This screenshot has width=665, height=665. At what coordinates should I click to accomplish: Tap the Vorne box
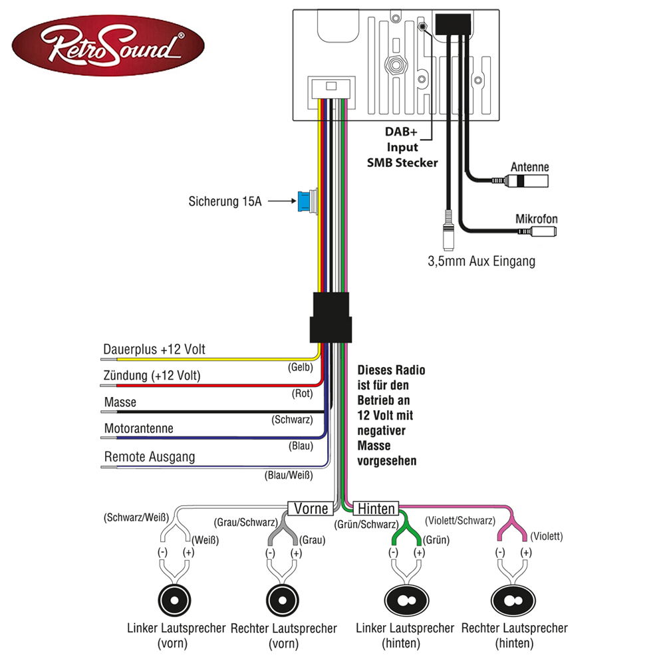pos(311,509)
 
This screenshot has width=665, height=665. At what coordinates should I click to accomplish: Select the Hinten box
pos(376,509)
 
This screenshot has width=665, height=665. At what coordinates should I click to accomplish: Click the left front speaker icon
pos(175,599)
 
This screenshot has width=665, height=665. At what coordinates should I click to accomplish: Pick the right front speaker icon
pos(283,599)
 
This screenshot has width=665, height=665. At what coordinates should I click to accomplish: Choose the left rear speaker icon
pos(405,599)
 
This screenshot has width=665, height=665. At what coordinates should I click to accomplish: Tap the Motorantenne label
pos(138,429)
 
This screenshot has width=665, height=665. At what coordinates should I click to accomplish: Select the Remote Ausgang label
pos(150,458)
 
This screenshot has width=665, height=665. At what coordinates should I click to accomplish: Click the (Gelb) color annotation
pos(300,367)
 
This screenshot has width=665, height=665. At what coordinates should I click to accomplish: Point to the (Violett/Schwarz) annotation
pos(459,521)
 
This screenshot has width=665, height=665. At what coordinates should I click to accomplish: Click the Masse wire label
pos(120,402)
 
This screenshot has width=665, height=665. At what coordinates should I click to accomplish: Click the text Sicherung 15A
pos(225,200)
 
